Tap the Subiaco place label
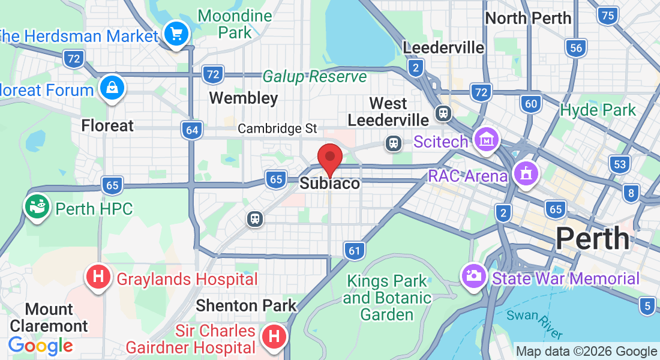point(329,184)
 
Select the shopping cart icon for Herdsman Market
point(176,33)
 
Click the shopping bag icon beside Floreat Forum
point(112,88)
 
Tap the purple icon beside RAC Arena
point(526,174)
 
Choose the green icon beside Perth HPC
point(37,207)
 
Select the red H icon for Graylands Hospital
point(99,278)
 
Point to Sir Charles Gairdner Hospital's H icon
point(274,336)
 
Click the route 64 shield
point(191,130)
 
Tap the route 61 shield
point(355,250)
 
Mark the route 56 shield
point(576,48)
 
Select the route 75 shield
point(608,15)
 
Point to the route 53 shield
point(619,163)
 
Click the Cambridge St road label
point(277,128)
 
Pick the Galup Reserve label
point(314,77)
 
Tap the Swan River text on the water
point(534,324)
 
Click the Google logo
point(40,346)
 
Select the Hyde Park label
point(597,110)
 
